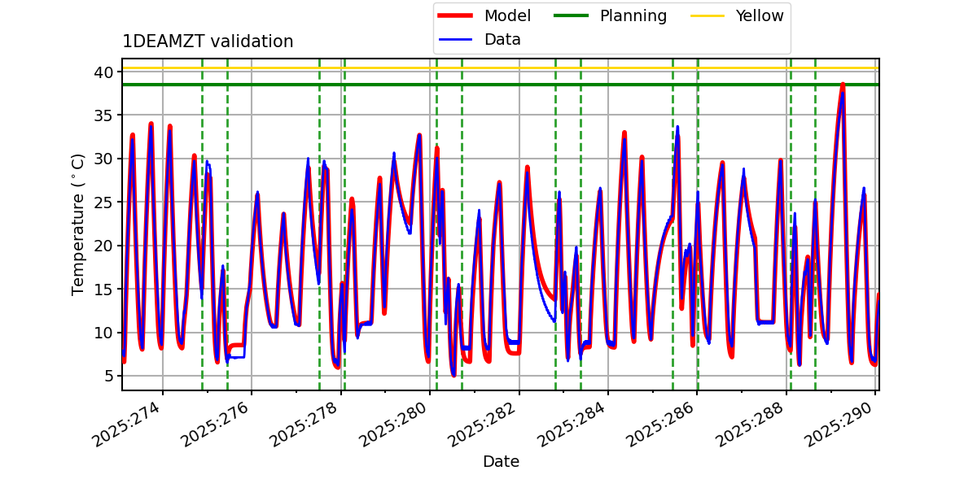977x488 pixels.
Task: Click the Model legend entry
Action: tap(507, 15)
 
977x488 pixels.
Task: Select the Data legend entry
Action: tap(502, 39)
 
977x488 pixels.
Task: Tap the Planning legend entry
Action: tap(633, 15)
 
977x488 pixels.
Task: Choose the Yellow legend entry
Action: tap(759, 15)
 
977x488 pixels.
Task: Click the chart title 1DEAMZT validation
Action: tap(208, 41)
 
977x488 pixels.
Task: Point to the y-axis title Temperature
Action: tap(78, 224)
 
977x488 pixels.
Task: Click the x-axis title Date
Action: tap(501, 462)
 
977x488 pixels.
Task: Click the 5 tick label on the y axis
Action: tap(107, 376)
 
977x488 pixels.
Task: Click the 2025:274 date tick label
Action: tap(129, 422)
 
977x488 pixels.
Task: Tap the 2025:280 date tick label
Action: tap(396, 422)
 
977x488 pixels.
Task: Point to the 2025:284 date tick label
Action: tap(574, 422)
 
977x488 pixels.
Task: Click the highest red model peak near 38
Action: tap(843, 84)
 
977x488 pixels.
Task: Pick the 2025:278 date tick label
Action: tap(307, 422)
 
